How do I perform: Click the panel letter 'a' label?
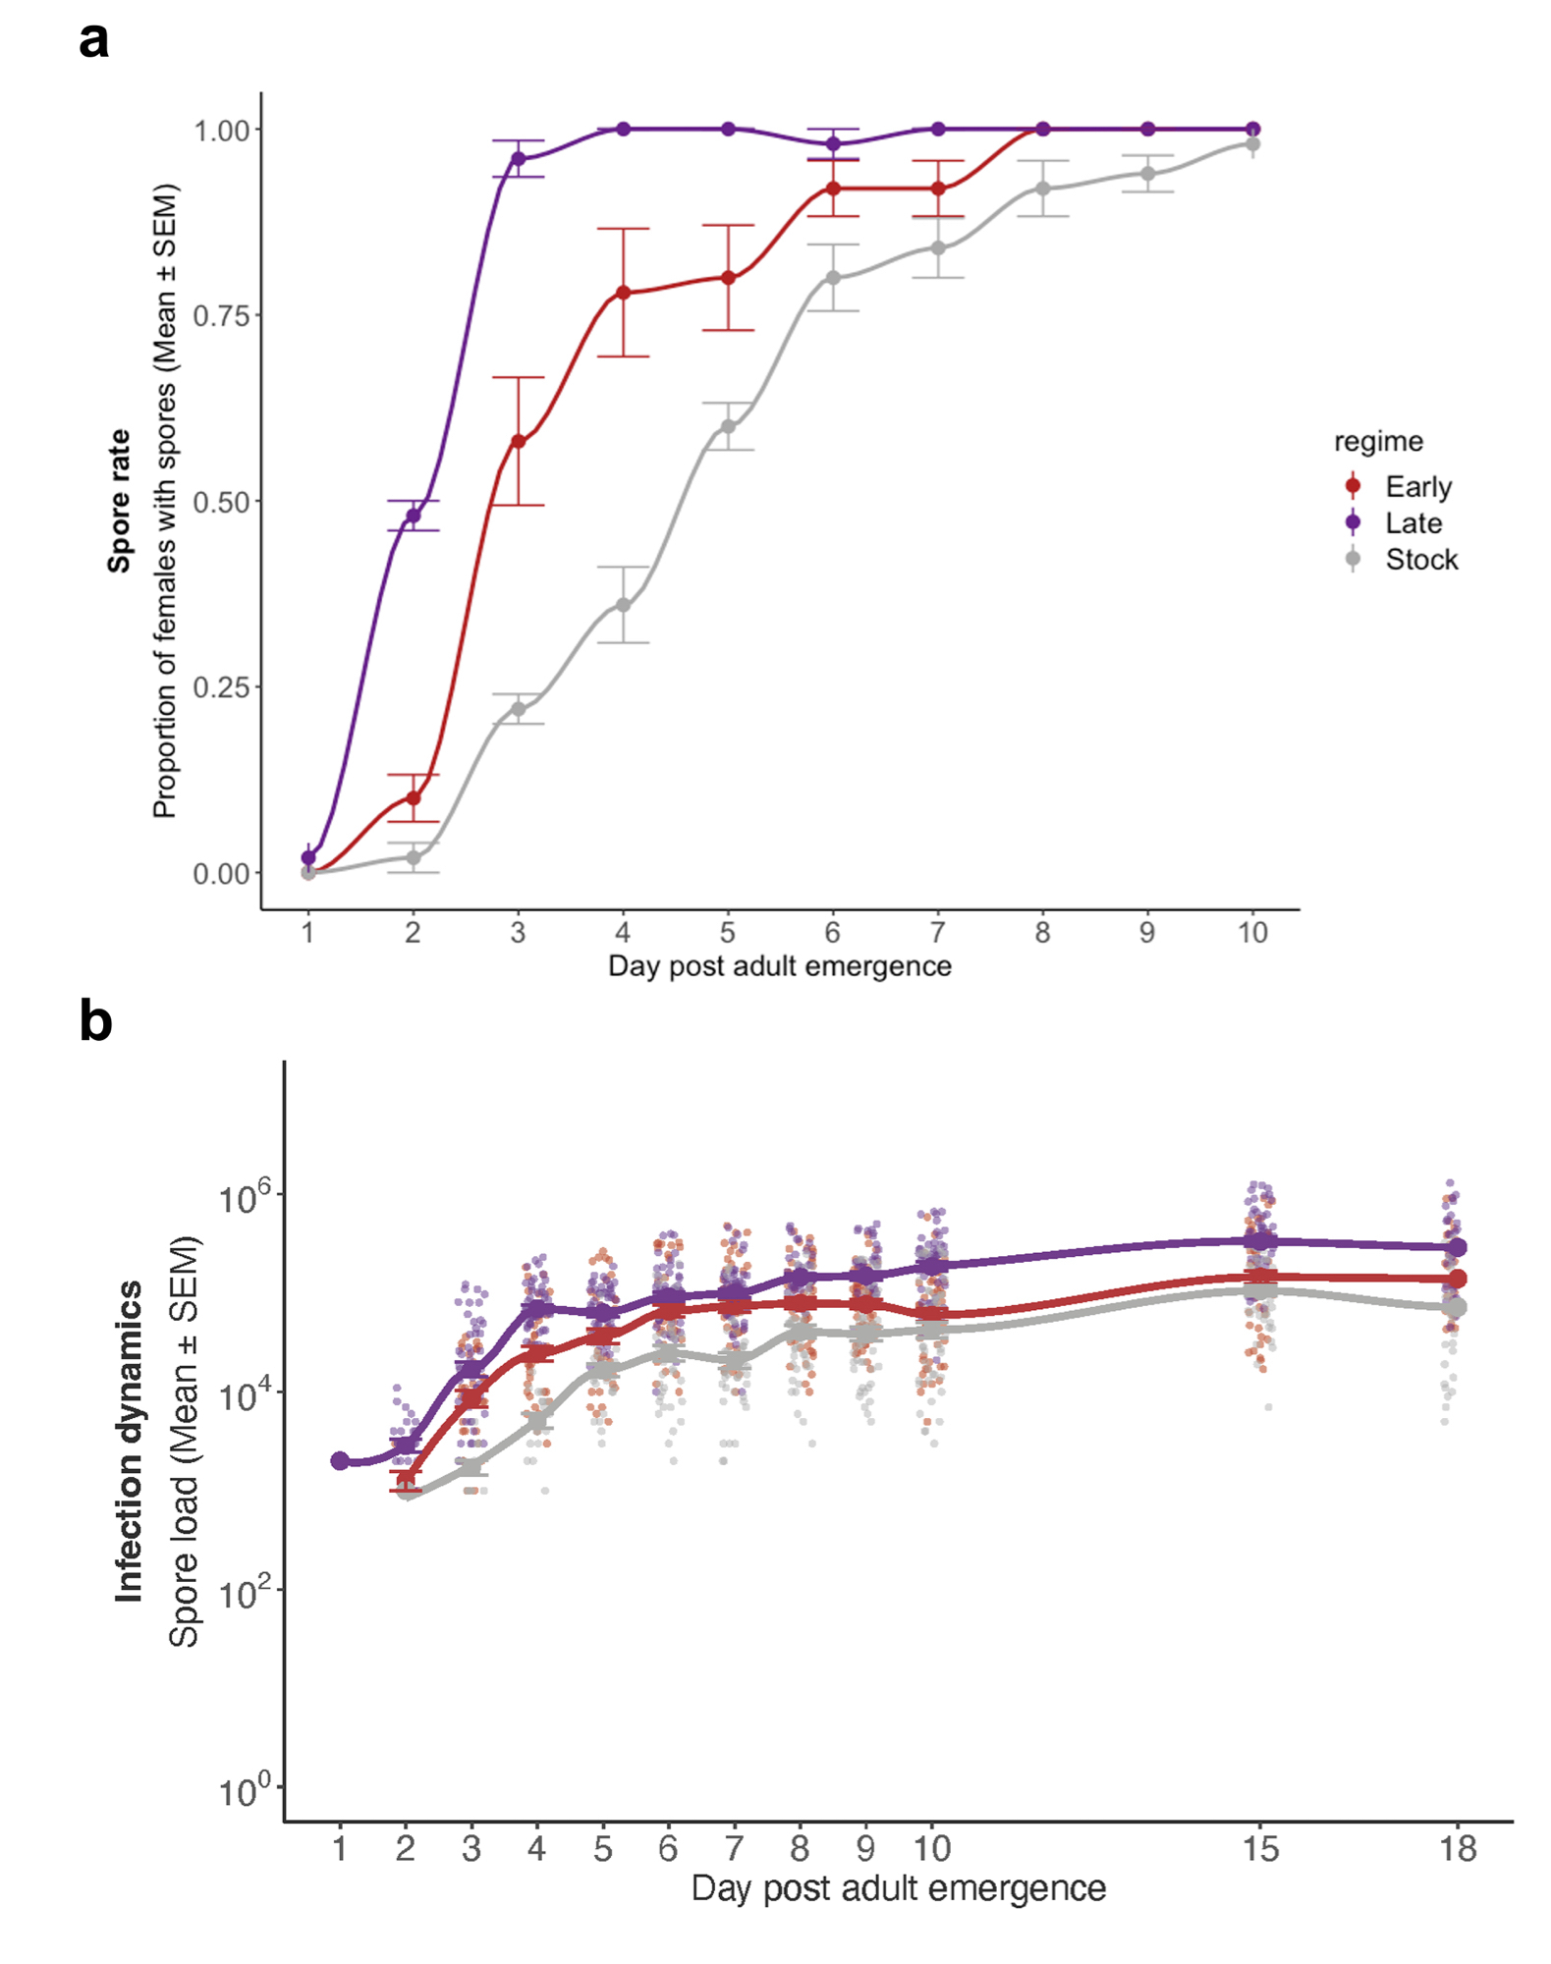pos(94,41)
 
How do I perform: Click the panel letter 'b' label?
pos(95,1021)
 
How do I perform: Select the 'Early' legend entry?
pos(1417,486)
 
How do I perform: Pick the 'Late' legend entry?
pos(1413,522)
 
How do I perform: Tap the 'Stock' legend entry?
pos(1420,560)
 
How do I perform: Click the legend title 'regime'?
pos(1377,441)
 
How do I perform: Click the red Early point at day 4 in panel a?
pos(623,293)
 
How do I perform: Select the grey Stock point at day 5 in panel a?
pos(728,426)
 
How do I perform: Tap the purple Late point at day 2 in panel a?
pos(414,516)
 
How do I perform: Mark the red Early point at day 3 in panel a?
pos(518,442)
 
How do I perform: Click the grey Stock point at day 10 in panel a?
pos(1252,144)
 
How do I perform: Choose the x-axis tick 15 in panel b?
pos(1260,1850)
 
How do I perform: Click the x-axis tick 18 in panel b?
pos(1458,1850)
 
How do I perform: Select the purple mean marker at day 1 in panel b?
pos(340,1461)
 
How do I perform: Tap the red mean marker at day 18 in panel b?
pos(1458,1279)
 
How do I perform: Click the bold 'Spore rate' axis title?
pos(120,501)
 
